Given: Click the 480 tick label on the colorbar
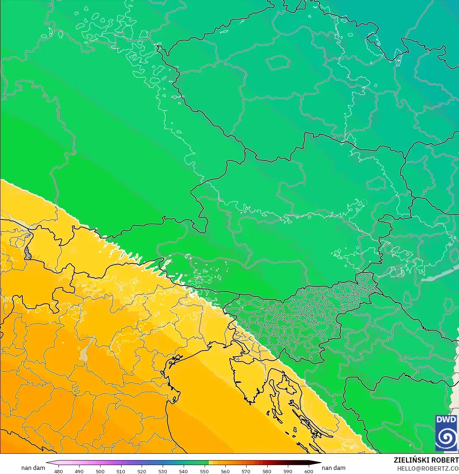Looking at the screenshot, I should (x=59, y=471).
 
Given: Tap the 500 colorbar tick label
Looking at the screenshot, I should (x=100, y=471).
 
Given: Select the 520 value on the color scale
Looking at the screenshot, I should (x=142, y=471).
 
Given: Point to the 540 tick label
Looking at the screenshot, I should (x=183, y=471).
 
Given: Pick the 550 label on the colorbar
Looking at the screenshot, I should (x=204, y=471).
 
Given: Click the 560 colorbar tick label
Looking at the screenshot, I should (x=225, y=471).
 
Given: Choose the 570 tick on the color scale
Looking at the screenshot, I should (x=246, y=471).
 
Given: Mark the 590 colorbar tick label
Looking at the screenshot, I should (x=288, y=471).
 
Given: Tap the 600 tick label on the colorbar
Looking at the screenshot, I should (x=308, y=471).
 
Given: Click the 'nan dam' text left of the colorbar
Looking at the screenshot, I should (x=33, y=468).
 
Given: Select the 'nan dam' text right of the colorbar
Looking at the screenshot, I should (x=333, y=468).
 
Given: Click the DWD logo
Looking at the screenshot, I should (x=446, y=433).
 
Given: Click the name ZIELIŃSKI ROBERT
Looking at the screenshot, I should (x=426, y=460).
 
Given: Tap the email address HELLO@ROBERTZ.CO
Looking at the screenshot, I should (x=428, y=469).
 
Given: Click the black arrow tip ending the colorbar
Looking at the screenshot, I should (x=317, y=463).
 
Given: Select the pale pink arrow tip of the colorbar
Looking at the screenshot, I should (x=49, y=463).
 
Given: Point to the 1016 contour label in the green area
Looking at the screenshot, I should (x=199, y=282).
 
